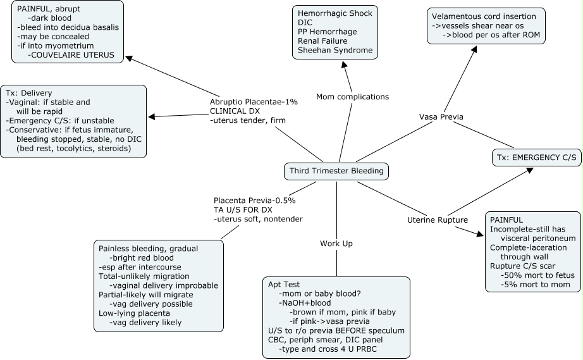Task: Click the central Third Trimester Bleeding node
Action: pos(336,171)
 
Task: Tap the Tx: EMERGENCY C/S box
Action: pos(536,158)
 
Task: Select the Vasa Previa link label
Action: pos(441,117)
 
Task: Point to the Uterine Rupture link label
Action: pos(437,220)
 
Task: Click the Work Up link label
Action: pos(336,243)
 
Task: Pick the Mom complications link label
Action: pos(352,97)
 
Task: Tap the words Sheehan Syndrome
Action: pos(334,50)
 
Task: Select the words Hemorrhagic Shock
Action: pos(334,13)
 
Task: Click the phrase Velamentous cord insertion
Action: pos(484,16)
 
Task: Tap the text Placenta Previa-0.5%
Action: pos(255,200)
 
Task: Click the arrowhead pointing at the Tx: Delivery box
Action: pos(151,116)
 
